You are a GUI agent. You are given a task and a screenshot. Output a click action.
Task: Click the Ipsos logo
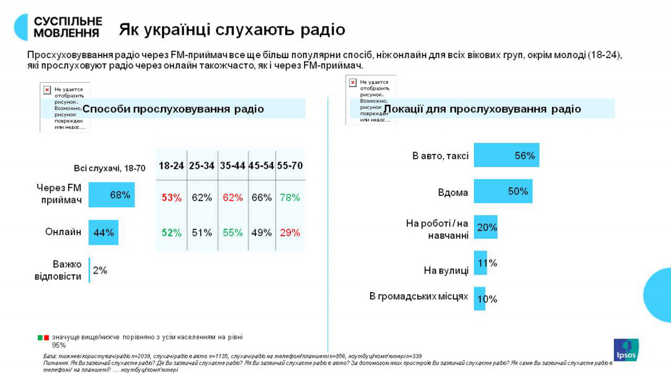click(626, 350)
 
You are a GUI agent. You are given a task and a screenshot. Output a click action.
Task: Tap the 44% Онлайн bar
click(103, 232)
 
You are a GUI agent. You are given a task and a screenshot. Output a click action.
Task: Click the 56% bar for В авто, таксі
click(506, 156)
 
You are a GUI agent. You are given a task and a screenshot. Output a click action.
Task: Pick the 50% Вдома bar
click(503, 192)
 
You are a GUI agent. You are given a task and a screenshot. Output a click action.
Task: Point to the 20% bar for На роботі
click(485, 227)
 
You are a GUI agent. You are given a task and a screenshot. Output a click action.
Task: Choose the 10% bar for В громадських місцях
click(480, 299)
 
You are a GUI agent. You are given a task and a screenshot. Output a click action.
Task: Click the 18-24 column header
click(172, 166)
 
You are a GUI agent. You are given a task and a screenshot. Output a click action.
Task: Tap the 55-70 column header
click(290, 166)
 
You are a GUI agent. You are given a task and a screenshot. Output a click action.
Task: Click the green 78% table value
click(290, 198)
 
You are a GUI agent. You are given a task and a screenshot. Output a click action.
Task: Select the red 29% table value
click(290, 233)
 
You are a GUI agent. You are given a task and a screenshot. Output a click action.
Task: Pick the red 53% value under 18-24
click(172, 198)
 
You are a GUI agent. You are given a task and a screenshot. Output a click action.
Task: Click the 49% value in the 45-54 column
click(261, 233)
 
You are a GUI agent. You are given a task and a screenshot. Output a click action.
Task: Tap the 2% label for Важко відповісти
click(100, 270)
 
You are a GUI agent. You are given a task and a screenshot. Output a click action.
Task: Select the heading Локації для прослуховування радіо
click(483, 109)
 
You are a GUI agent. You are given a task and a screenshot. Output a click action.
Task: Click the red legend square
click(46, 337)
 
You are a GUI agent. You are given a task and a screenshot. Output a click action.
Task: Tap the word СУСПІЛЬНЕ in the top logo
click(68, 21)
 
